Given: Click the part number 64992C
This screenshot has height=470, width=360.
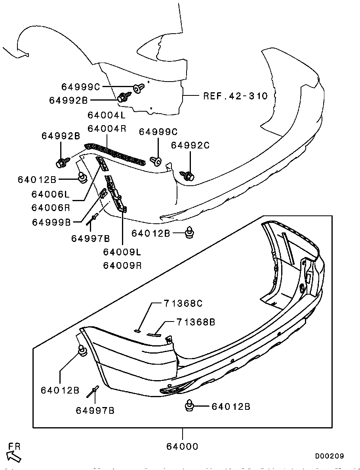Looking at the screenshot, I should (x=190, y=145).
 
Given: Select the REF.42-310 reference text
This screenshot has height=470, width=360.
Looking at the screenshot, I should (x=235, y=96).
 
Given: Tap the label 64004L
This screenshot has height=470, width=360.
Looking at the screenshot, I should (x=107, y=115).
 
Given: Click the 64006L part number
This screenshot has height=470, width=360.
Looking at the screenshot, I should (x=51, y=194).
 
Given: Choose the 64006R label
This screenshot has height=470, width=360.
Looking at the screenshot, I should (x=51, y=207).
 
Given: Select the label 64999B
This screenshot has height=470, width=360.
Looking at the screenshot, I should (x=51, y=222).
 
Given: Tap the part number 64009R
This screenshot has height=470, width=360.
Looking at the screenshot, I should (x=122, y=265).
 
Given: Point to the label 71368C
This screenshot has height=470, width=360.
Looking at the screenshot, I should (x=183, y=304).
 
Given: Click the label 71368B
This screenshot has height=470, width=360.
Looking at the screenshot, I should (x=196, y=322).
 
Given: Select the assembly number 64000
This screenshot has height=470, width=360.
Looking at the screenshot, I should (x=182, y=446).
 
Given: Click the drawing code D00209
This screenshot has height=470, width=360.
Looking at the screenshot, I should (x=329, y=456).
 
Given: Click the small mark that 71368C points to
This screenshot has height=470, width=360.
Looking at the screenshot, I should (x=137, y=330).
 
